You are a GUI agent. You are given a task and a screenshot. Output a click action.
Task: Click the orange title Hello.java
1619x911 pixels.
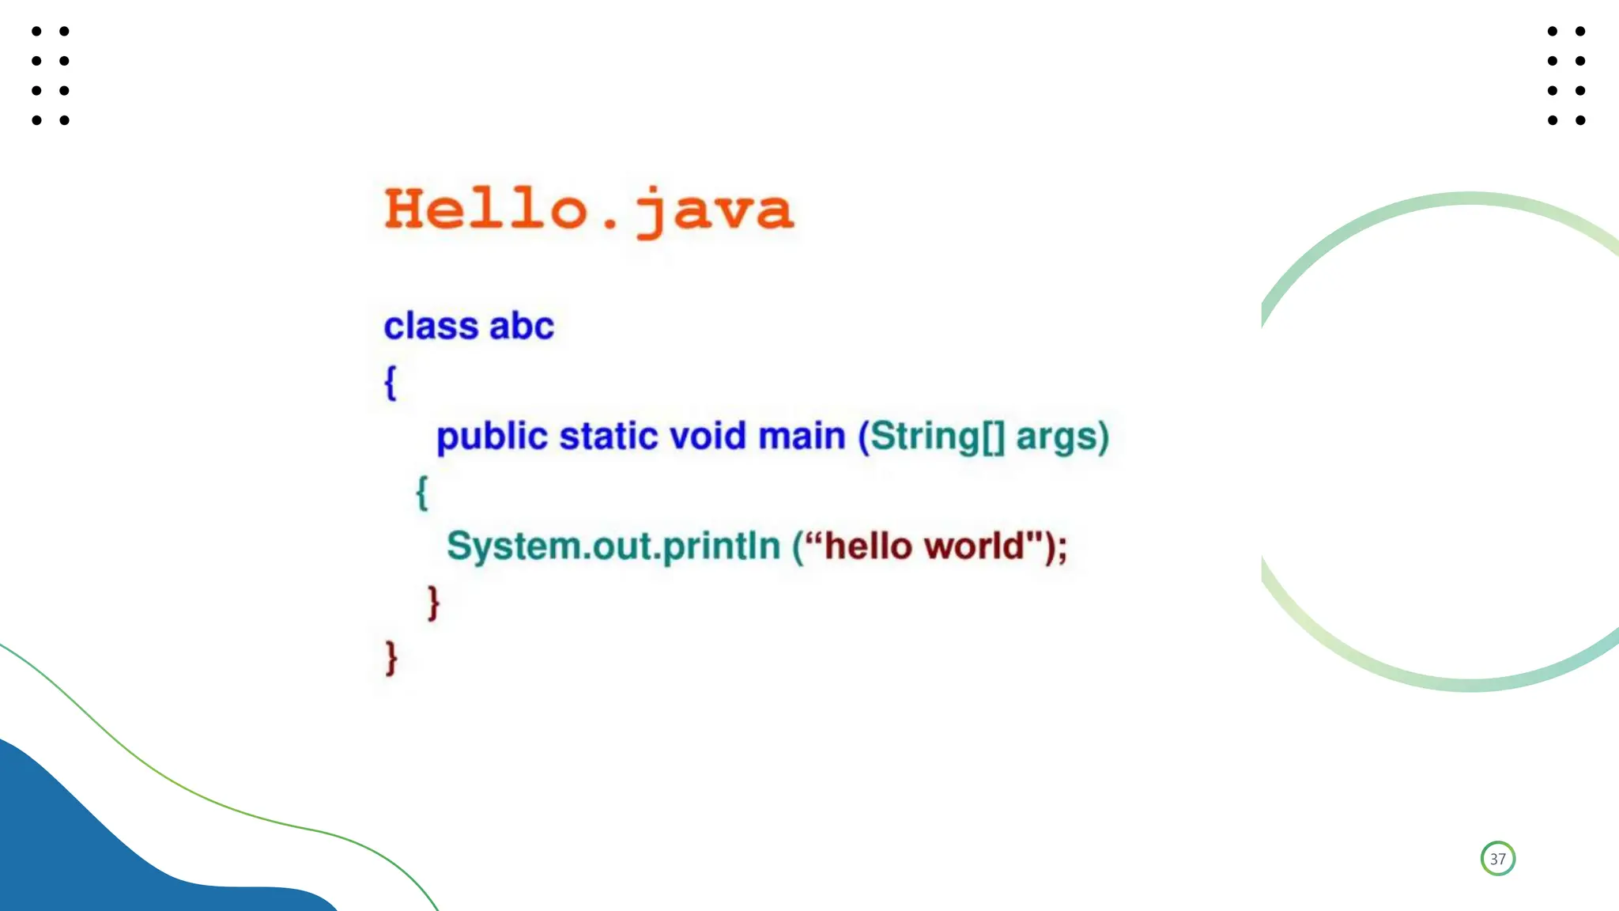[x=589, y=210]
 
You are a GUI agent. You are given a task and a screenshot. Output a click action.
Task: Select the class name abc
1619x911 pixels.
[x=522, y=327]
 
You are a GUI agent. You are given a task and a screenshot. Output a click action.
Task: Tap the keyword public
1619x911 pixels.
[x=492, y=437]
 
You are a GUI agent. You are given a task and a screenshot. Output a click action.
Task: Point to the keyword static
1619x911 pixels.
[x=608, y=437]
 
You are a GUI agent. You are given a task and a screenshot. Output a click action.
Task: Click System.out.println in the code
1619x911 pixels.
[x=613, y=546]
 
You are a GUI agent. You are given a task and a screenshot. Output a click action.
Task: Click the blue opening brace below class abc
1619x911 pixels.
[x=391, y=383]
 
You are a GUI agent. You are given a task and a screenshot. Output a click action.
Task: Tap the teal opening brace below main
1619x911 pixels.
[x=422, y=493]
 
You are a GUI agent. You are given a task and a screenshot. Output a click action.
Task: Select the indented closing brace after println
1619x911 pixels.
[x=433, y=603]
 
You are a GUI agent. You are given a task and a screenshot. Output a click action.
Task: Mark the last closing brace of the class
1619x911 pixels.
[x=391, y=658]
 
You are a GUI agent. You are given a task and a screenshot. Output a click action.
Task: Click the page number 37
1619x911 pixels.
[x=1497, y=859]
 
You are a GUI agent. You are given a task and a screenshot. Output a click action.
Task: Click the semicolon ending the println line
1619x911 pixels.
[x=1062, y=548]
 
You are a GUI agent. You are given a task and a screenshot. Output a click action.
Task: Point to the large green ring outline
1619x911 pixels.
[x=1344, y=237]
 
